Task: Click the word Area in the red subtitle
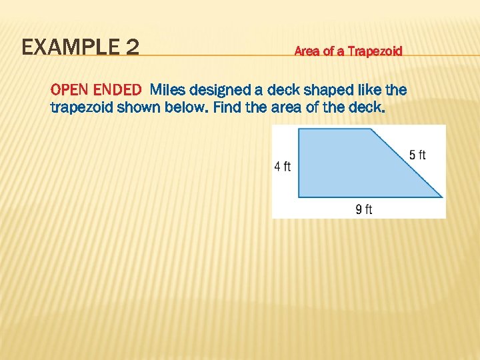[307, 51]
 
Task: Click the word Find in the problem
[223, 107]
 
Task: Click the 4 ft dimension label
[283, 167]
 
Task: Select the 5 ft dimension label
[417, 155]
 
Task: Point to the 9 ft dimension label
[364, 209]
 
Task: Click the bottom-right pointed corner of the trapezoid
[442, 197]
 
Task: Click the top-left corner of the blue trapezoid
[298, 129]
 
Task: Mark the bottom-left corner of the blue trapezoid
[298, 197]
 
